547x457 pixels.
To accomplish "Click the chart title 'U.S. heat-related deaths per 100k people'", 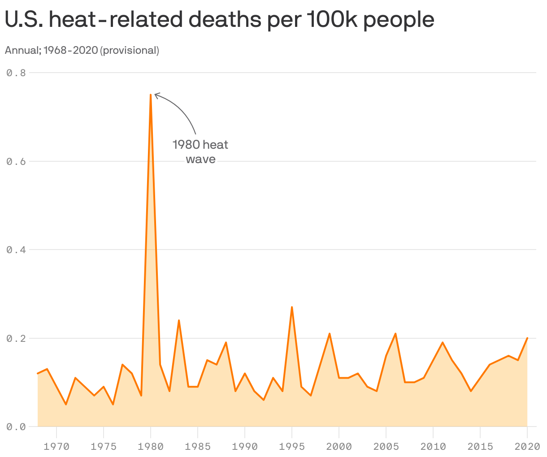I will pos(219,20).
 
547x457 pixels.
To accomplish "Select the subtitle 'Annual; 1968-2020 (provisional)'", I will pos(82,50).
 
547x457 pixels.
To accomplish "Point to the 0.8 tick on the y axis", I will pos(16,73).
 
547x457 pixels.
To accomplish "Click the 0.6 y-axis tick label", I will pos(16,161).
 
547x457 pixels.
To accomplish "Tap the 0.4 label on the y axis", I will pos(16,250).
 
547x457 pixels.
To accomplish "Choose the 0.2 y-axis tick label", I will pos(16,338).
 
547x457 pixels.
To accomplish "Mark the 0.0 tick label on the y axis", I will pos(16,427).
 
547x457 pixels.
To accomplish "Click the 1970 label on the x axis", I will pos(56,446).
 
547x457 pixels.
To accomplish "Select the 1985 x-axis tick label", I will pos(198,446).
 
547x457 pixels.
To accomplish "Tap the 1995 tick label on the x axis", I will pos(292,446).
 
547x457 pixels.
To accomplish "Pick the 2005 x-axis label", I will pos(386,446).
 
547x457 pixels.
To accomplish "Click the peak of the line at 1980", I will pos(151,95).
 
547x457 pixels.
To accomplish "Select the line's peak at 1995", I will pos(292,307).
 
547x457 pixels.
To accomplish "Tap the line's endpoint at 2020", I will pos(527,338).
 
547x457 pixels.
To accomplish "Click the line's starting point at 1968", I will pos(38,373).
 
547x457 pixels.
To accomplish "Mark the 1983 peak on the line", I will pos(179,320).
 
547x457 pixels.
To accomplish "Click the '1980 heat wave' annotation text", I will pos(200,152).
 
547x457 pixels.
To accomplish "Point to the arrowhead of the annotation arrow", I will pos(156,95).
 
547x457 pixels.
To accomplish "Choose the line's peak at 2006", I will pos(395,334).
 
